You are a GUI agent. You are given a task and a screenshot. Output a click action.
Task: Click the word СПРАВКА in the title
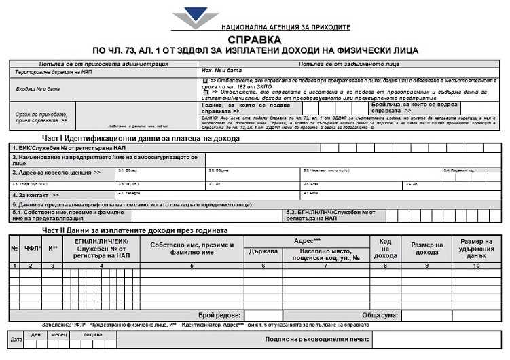(x=254, y=40)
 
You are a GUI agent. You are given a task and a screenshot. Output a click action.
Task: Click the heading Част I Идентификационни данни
(x=126, y=138)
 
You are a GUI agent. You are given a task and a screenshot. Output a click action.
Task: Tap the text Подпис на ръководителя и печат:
(x=317, y=338)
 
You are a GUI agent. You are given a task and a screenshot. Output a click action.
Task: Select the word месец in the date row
(x=58, y=334)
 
